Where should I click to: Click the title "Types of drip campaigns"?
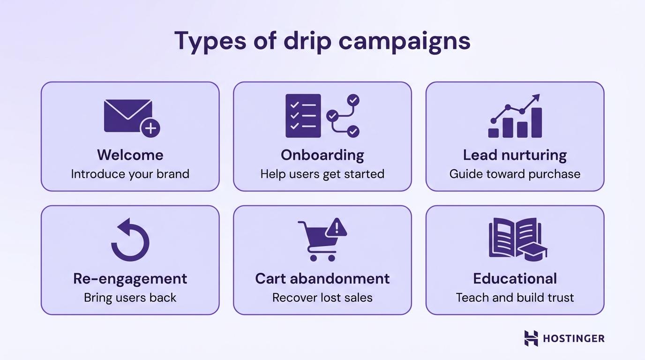click(322, 41)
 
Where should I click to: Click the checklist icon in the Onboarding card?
click(303, 116)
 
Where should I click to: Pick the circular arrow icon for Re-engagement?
click(130, 241)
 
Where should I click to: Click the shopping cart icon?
click(316, 241)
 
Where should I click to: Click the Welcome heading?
click(130, 155)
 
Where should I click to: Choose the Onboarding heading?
click(322, 155)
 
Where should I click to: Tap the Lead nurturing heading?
click(515, 155)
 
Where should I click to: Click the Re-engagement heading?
click(130, 278)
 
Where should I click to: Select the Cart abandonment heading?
click(322, 278)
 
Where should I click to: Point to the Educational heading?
click(515, 278)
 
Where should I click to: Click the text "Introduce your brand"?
click(130, 174)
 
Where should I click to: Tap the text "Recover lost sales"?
click(322, 298)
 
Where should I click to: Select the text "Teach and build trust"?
click(515, 298)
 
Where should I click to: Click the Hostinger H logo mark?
click(531, 338)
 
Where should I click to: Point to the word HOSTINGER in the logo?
click(573, 338)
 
